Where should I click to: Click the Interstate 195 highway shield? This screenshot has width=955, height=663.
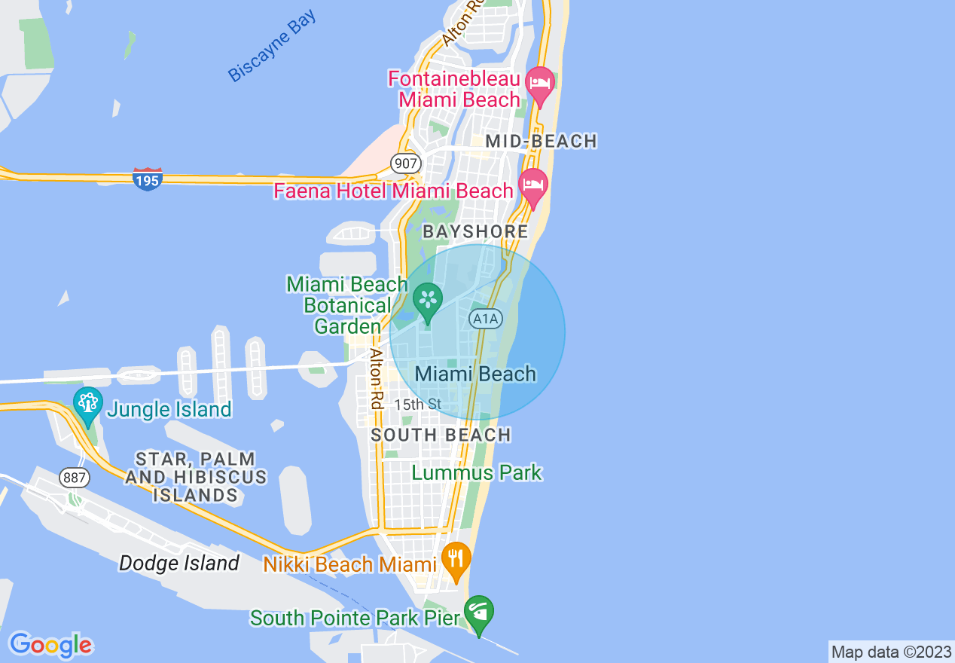click(x=147, y=179)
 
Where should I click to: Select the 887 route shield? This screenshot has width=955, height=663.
click(x=76, y=478)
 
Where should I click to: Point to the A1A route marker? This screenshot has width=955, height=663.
click(x=485, y=319)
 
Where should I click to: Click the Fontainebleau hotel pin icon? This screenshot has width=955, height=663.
click(x=540, y=83)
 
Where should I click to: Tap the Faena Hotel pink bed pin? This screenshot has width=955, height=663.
click(x=533, y=186)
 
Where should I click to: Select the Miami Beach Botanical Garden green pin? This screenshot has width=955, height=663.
click(x=428, y=301)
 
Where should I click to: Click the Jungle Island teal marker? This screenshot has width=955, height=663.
click(x=88, y=405)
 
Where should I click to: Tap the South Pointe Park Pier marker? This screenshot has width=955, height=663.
click(x=479, y=613)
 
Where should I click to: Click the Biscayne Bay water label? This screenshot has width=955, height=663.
click(x=273, y=47)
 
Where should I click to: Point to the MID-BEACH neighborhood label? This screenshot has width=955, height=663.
click(x=541, y=141)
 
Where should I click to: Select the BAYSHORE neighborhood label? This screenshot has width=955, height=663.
click(x=475, y=231)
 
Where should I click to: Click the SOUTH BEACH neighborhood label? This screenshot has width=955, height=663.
click(x=441, y=435)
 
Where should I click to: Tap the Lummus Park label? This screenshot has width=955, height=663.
click(x=477, y=473)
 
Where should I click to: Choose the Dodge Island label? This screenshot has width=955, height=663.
click(x=179, y=563)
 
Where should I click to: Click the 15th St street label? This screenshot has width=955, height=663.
click(x=417, y=405)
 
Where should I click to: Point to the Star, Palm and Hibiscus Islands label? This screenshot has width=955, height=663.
click(x=196, y=477)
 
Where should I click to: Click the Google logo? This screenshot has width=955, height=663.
click(x=50, y=645)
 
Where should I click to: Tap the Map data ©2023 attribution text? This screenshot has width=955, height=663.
click(x=891, y=652)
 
